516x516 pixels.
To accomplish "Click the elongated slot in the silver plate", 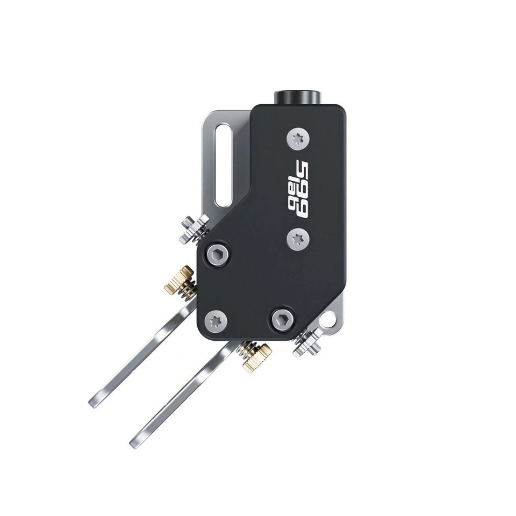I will (x=223, y=164).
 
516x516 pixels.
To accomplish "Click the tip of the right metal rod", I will (x=135, y=443).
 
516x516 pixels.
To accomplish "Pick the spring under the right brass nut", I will (x=246, y=348).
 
